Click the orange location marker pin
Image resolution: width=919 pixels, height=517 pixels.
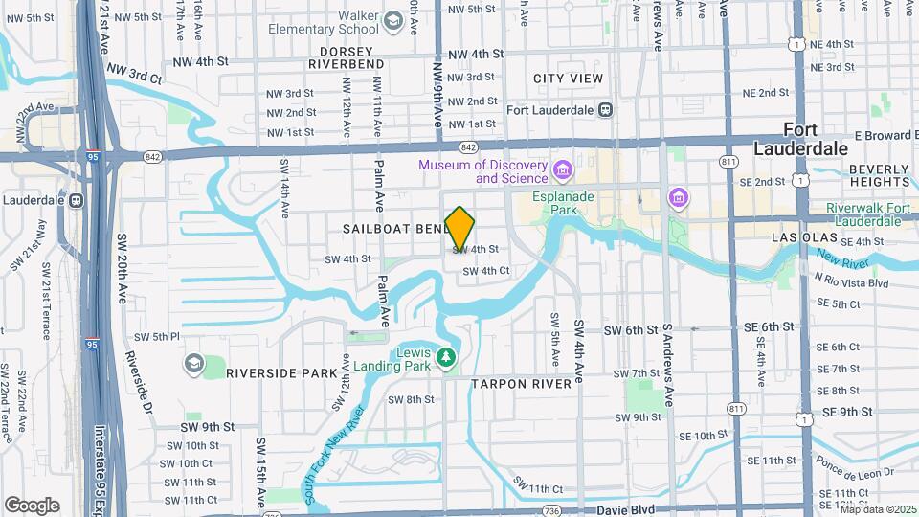point(460,228)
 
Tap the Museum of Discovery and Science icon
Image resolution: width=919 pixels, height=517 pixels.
point(562,172)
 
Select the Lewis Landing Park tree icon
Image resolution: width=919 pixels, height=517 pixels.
point(445,358)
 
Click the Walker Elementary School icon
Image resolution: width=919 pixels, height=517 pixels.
point(392,21)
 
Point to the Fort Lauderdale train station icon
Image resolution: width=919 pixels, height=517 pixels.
point(605,109)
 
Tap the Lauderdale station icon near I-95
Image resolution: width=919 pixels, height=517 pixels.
point(75,201)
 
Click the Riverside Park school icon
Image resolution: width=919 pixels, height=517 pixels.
point(194,364)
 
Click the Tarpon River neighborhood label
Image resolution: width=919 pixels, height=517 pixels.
point(527,384)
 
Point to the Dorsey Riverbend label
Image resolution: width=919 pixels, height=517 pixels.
point(346,57)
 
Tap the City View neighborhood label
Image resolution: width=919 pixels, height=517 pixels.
point(569,79)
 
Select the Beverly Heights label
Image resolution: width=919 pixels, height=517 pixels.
point(879,176)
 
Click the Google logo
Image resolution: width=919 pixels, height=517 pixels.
point(32,505)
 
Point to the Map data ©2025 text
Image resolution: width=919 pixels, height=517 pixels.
point(878,509)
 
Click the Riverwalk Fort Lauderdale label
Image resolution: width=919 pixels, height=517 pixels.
point(870,216)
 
